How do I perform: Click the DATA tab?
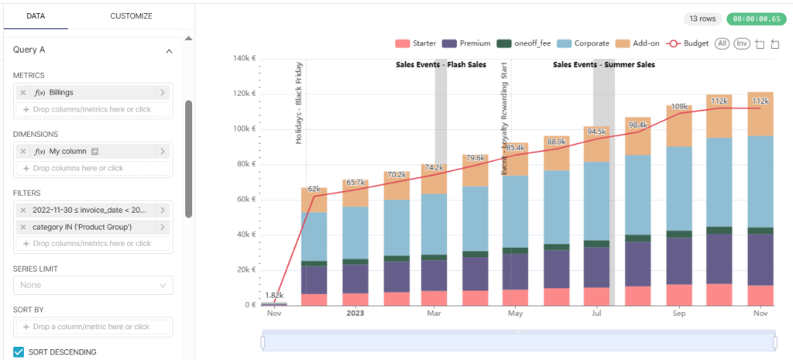[x=35, y=15]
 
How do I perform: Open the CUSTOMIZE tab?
[x=131, y=15]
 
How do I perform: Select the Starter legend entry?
[x=416, y=44]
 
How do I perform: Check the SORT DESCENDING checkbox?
[x=19, y=352]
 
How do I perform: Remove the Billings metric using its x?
[x=23, y=92]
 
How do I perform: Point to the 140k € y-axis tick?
[x=244, y=58]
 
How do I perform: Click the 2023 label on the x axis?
[x=355, y=314]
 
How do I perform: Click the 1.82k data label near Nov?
[x=274, y=296]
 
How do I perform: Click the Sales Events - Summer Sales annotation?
[x=603, y=65]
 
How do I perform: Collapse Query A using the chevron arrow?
[x=169, y=50]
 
